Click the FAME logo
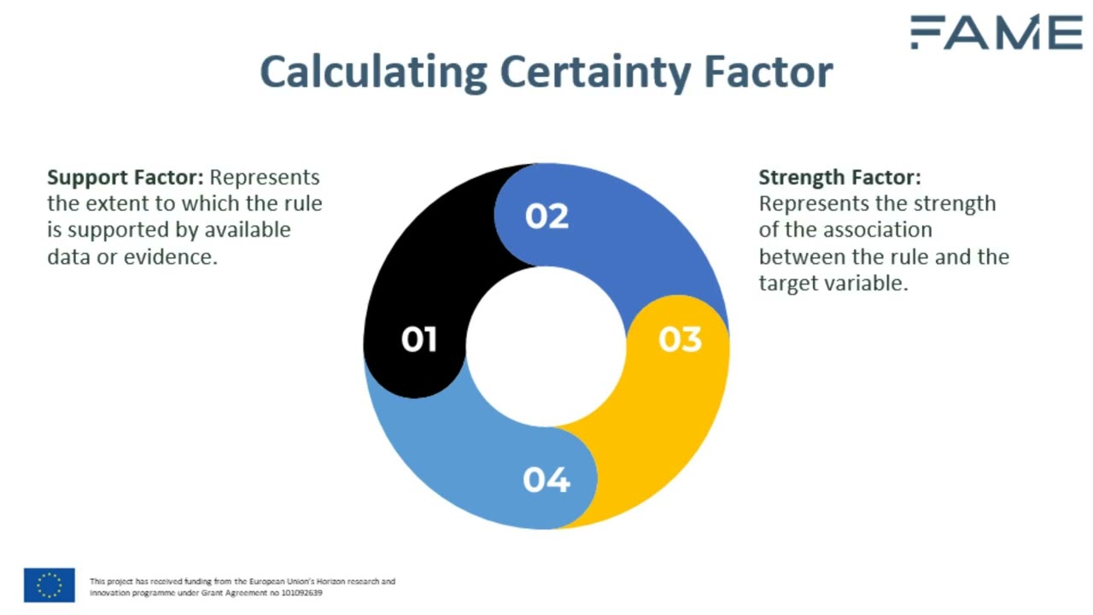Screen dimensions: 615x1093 [996, 32]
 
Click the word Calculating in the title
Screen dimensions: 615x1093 [373, 72]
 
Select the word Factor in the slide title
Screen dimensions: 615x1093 [769, 72]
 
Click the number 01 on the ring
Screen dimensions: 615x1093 [419, 340]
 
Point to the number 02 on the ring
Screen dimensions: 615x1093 [546, 216]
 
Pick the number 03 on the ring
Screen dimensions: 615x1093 [680, 340]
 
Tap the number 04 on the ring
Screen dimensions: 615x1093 [546, 480]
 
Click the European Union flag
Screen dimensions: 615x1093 [50, 585]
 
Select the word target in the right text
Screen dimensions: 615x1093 [787, 283]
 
